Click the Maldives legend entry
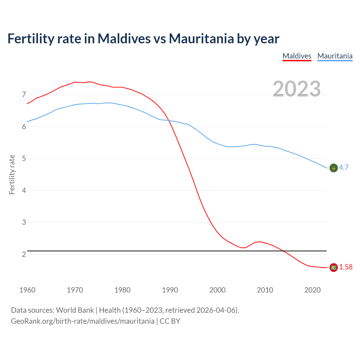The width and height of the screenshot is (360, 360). click(297, 56)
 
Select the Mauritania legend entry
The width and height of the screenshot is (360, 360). click(335, 56)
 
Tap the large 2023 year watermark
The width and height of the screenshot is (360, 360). click(297, 89)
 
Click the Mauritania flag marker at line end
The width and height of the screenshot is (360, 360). click(334, 168)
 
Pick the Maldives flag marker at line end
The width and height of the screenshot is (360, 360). click(334, 267)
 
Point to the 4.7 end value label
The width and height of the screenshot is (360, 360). click(344, 168)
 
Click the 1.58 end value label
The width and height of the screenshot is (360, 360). click(346, 267)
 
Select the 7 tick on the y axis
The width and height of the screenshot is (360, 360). click(24, 95)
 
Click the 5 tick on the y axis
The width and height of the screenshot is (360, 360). click(24, 159)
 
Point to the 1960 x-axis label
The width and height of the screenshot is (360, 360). click(27, 290)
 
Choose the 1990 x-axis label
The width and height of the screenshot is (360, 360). click(170, 290)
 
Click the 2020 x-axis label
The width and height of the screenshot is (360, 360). click(312, 290)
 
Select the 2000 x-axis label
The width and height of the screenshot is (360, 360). click(217, 290)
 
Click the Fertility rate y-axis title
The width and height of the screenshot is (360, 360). click(12, 174)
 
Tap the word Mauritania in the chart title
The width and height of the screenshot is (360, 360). click(201, 39)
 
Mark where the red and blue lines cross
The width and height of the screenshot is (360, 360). click(169, 121)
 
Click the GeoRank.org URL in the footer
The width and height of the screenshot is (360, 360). click(83, 321)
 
